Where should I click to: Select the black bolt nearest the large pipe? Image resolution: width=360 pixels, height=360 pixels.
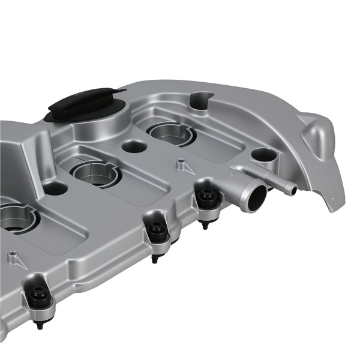208,199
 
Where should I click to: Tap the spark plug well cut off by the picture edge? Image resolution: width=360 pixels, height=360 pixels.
15,218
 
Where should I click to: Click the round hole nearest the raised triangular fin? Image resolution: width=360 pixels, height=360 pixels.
264,155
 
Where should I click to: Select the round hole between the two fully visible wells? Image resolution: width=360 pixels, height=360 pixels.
133,146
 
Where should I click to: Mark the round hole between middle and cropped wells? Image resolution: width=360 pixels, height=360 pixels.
55,188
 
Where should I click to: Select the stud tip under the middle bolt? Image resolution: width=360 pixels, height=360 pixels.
155,260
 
